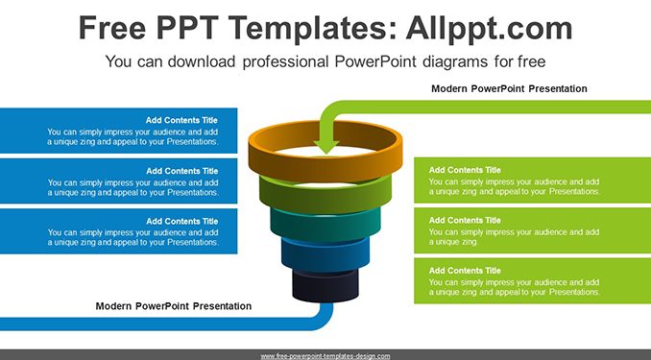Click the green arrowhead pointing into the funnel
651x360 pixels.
[x=325, y=147]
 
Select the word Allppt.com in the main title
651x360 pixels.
[x=489, y=28]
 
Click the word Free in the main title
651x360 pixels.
[x=112, y=28]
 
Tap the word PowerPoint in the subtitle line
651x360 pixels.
[x=375, y=61]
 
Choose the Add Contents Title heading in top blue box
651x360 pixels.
[x=181, y=120]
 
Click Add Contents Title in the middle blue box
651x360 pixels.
[x=181, y=171]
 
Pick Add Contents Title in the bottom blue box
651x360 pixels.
[x=181, y=222]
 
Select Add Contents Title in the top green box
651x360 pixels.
[x=465, y=170]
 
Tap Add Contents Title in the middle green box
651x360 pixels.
[x=465, y=221]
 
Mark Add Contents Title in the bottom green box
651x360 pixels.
[x=465, y=271]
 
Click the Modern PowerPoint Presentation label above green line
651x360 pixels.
[x=509, y=88]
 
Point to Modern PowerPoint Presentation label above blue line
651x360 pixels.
[x=174, y=306]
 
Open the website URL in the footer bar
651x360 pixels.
[x=325, y=356]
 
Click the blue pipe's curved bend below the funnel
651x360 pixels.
[x=325, y=317]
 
